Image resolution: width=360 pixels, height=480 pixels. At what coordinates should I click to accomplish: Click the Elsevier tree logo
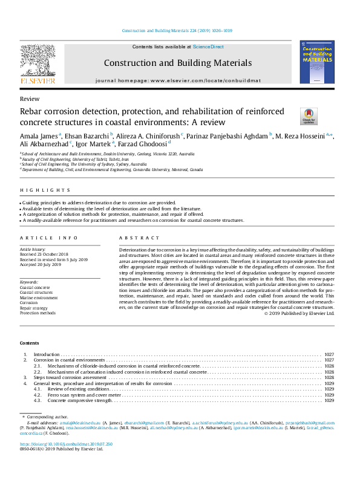[x=38, y=62]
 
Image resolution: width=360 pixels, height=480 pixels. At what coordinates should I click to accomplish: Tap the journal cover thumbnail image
[x=317, y=62]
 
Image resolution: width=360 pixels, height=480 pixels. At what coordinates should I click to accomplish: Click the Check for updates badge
[x=309, y=115]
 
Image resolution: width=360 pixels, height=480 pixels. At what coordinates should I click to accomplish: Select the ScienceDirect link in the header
[x=208, y=47]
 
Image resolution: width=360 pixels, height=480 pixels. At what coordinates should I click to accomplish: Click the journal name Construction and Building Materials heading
[x=178, y=63]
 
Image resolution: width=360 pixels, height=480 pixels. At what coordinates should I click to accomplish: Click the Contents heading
[x=30, y=343]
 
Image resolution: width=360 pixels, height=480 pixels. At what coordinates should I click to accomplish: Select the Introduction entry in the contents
[x=47, y=354]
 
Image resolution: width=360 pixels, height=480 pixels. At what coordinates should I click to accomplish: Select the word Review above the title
[x=30, y=99]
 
